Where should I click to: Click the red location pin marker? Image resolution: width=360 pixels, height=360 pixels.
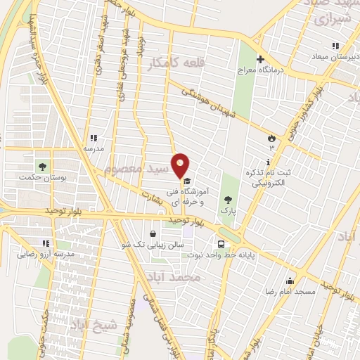coord(181,165)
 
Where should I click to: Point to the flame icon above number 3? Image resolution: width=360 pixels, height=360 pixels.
coord(271,138)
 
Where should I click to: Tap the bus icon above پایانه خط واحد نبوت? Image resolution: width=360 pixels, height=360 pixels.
coord(221,244)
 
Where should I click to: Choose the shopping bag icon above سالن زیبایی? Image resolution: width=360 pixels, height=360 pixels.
coord(154,233)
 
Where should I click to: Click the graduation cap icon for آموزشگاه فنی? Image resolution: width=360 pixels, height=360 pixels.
coord(186,180)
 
